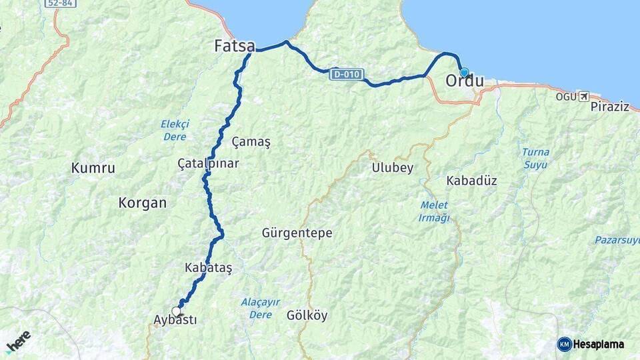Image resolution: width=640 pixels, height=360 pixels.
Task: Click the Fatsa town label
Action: click(234, 47)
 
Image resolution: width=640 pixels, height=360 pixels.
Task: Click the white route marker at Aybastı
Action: click(177, 311)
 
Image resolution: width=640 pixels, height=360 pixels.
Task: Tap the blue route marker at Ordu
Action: click(464, 72)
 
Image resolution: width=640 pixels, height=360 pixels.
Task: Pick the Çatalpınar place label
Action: click(208, 163)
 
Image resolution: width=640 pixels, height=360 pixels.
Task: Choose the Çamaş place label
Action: click(251, 142)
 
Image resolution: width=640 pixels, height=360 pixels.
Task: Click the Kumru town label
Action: click(93, 168)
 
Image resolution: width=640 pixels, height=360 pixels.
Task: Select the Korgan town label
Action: click(142, 203)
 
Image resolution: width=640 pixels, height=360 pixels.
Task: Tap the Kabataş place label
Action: click(209, 267)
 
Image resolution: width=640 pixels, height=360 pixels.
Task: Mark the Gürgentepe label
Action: click(297, 233)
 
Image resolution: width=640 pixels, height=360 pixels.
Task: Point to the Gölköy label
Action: click(307, 315)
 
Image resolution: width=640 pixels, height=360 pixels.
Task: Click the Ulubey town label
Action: click(392, 168)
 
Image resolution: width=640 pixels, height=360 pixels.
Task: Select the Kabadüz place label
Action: click(471, 181)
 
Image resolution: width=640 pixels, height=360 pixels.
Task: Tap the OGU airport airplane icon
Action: click(585, 97)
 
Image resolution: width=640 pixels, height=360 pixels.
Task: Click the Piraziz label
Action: click(609, 107)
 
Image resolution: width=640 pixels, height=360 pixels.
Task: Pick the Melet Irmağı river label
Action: click(434, 211)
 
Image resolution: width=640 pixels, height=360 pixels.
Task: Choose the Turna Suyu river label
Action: click(535, 158)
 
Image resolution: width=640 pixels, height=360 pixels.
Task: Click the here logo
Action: click(19, 341)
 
